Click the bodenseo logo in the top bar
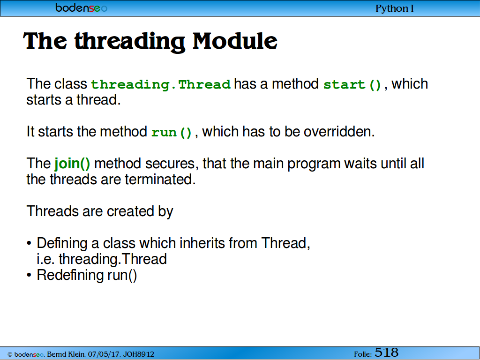pyautogui.click(x=81, y=7)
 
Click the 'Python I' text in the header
pyautogui.click(x=394, y=8)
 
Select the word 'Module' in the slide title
pyautogui.click(x=235, y=41)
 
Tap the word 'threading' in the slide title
pyautogui.click(x=130, y=42)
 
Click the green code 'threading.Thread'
pyautogui.click(x=161, y=84)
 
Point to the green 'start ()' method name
pyautogui.click(x=352, y=84)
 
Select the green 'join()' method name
pyautogui.click(x=72, y=163)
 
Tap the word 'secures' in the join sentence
pyautogui.click(x=170, y=164)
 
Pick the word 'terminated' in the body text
pyautogui.click(x=160, y=180)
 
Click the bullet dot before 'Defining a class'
pyautogui.click(x=29, y=244)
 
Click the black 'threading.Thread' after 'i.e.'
pyautogui.click(x=112, y=259)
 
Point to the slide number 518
pyautogui.click(x=386, y=352)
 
